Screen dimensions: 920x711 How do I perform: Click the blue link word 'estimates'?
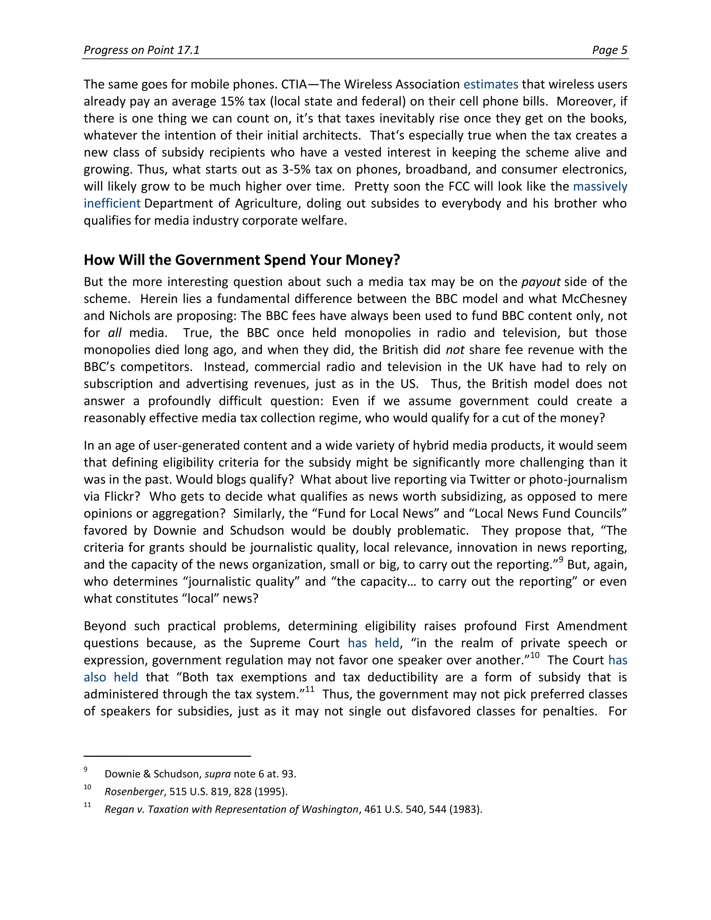[490, 85]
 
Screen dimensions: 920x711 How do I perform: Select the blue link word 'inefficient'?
[112, 203]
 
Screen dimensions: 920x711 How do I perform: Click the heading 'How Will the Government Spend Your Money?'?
[241, 260]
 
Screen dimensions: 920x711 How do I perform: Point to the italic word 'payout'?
[541, 282]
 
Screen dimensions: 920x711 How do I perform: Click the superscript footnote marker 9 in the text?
[561, 560]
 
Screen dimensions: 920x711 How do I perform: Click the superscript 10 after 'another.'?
[535, 655]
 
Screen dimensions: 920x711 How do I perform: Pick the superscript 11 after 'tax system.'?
[310, 689]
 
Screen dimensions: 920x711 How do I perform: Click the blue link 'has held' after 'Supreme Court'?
[373, 643]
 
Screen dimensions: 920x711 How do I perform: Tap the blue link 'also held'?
[111, 677]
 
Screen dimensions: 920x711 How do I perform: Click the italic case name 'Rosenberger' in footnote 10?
[134, 792]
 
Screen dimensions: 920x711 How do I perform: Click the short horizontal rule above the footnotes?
[167, 756]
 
